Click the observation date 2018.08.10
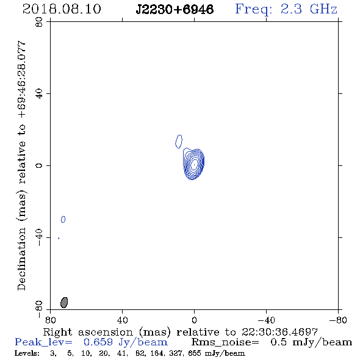click(62, 9)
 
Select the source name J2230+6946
click(175, 9)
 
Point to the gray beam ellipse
click(64, 303)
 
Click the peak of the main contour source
click(194, 164)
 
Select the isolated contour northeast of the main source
click(179, 142)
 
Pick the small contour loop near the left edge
click(63, 220)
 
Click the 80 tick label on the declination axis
click(39, 22)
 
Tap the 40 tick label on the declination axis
click(39, 94)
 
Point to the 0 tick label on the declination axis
click(39, 165)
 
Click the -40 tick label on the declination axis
click(39, 237)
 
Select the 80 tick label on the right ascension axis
click(50, 320)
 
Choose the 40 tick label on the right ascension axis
click(122, 320)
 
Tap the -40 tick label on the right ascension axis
click(266, 320)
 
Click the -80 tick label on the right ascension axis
click(338, 320)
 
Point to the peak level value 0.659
click(98, 342)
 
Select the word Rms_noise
click(225, 342)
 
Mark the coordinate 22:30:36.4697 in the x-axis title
click(279, 332)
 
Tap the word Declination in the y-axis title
click(21, 259)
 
